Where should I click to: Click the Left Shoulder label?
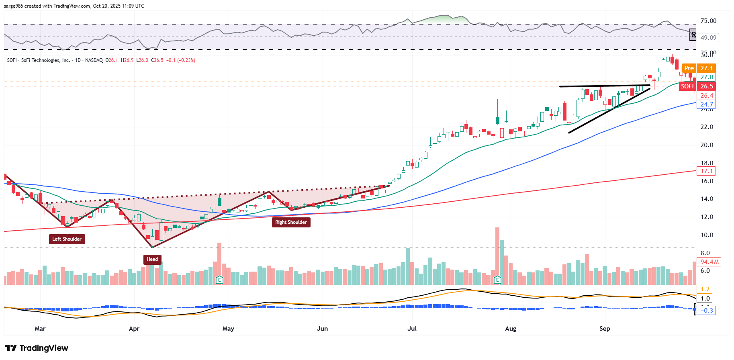point(67,239)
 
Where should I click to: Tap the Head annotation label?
point(152,259)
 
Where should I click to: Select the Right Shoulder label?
point(291,222)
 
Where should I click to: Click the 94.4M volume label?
point(709,262)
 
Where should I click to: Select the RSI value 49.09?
point(708,38)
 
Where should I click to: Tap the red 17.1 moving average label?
point(706,171)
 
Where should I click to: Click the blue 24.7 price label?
point(707,104)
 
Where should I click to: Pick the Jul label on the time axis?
point(412,329)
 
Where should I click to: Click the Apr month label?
point(134,329)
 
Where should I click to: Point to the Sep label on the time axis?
point(605,329)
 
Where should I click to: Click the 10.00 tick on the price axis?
point(707,235)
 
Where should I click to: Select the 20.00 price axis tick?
point(707,145)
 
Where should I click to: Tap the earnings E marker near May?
point(219,280)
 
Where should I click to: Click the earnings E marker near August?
point(497,280)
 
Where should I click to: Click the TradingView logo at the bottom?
point(37,348)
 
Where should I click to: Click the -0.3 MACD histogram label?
point(707,311)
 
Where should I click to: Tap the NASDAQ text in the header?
point(94,60)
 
